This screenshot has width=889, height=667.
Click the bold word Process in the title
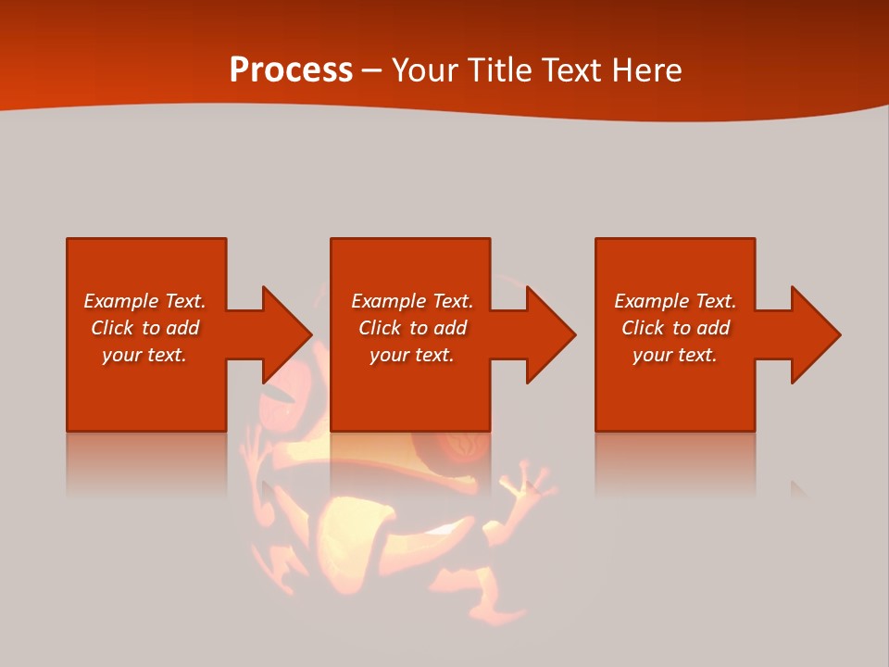click(x=291, y=70)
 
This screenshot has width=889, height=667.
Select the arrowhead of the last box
click(x=815, y=334)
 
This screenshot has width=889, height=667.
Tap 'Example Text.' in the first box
click(x=144, y=301)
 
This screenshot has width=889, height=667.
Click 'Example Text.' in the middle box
click(x=412, y=301)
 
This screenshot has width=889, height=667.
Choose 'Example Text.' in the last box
click(x=675, y=301)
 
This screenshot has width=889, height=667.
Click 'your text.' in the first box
click(x=144, y=355)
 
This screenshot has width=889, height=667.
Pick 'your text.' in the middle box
click(x=412, y=355)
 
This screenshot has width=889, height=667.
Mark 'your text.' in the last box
click(x=675, y=355)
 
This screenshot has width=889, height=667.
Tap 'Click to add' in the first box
click(x=144, y=328)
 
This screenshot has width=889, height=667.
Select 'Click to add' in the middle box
click(x=412, y=328)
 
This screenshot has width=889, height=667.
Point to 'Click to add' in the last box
click(x=675, y=328)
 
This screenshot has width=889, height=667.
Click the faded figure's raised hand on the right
click(x=526, y=486)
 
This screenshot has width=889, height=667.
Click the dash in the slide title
click(x=371, y=71)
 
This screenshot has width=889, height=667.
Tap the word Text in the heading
click(x=571, y=70)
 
